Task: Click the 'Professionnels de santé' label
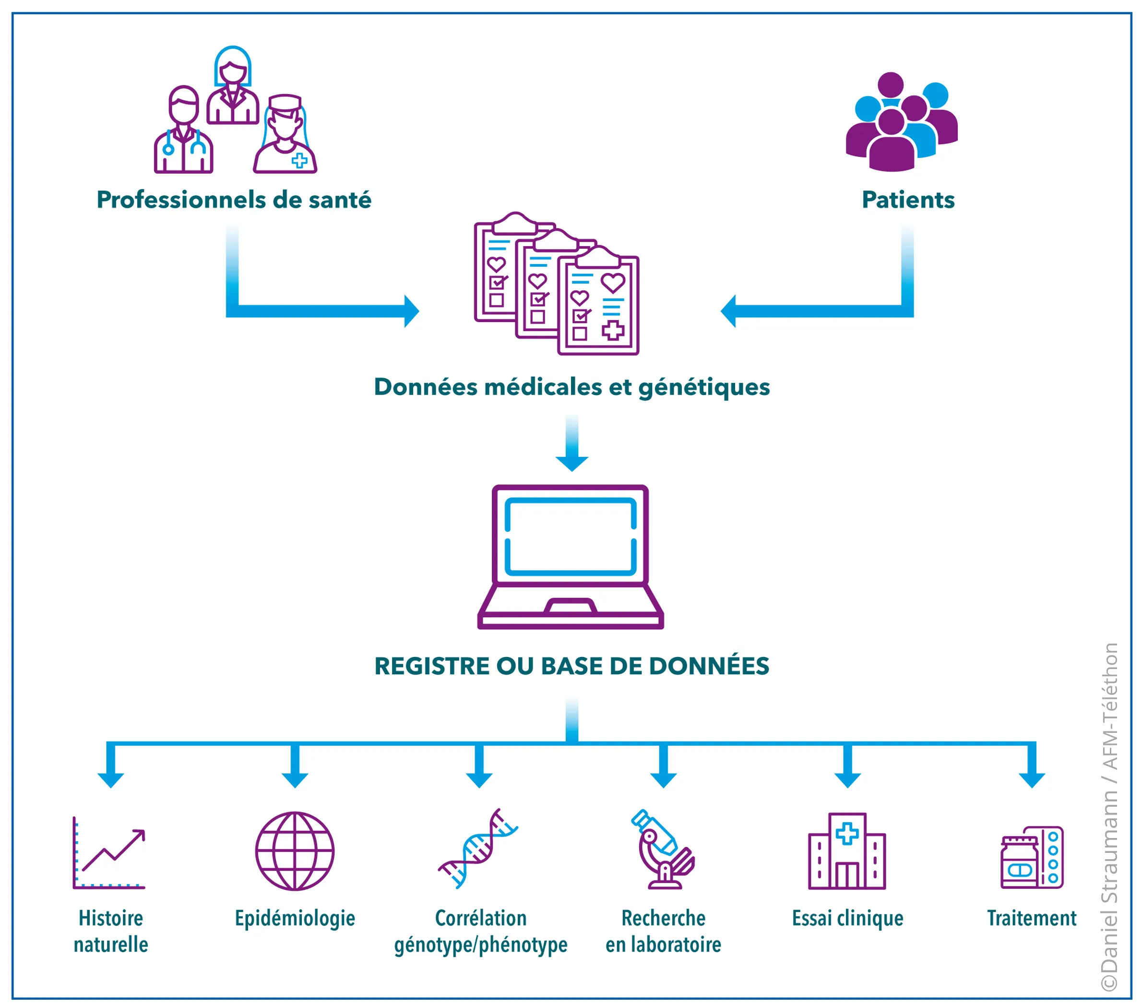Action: tap(234, 200)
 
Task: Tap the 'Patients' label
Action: tap(908, 200)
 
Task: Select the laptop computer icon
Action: tap(571, 557)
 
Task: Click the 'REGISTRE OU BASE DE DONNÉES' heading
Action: tap(571, 666)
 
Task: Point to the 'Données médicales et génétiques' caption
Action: tap(571, 387)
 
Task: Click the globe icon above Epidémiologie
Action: tap(295, 851)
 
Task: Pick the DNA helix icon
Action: tap(478, 849)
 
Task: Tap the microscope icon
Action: tap(664, 849)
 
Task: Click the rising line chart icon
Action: tap(109, 853)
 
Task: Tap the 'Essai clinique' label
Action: tap(847, 918)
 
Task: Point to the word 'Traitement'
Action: tap(1031, 918)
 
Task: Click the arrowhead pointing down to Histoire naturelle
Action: tap(111, 779)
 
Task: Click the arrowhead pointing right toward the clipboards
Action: tap(411, 311)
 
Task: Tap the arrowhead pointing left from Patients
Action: tap(728, 311)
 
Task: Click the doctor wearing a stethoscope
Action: tap(183, 132)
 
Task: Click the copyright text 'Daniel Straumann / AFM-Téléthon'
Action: tap(1109, 816)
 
